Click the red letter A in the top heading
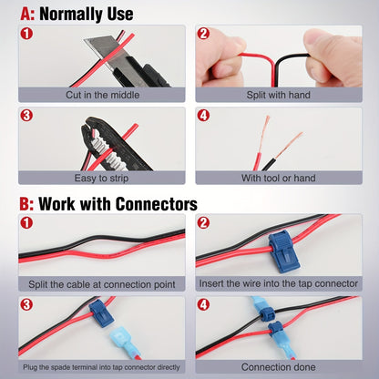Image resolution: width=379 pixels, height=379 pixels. (x=26, y=15)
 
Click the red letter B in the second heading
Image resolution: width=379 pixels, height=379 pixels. (x=26, y=204)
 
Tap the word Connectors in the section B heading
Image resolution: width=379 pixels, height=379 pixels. (x=157, y=204)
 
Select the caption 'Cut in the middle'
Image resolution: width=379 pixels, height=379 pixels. (x=103, y=95)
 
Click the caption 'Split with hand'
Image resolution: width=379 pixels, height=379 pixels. (x=279, y=95)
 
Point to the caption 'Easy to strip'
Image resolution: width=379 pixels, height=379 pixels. (x=101, y=178)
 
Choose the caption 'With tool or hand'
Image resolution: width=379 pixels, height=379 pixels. (x=279, y=178)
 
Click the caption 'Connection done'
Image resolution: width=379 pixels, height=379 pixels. (x=278, y=367)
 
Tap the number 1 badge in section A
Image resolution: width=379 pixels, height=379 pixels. (x=26, y=33)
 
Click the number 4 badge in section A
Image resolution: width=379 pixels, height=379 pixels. (x=203, y=116)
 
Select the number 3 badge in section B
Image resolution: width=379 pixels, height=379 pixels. (x=26, y=304)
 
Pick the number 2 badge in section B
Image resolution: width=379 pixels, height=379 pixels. (x=203, y=223)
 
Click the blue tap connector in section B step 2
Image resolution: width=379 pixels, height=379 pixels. (x=283, y=251)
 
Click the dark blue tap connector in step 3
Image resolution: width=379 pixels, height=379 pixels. (x=101, y=313)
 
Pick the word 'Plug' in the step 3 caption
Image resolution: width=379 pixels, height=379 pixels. (x=30, y=367)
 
